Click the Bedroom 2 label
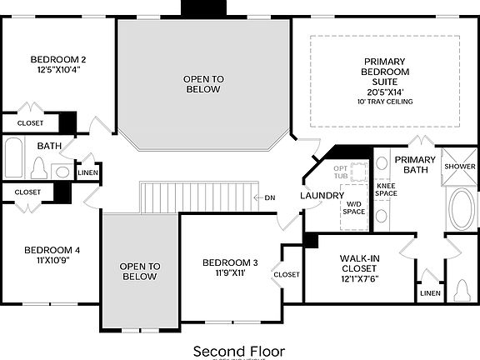coord(58,59)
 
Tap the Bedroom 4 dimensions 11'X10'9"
coord(52,261)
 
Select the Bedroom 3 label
coord(230,262)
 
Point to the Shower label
coord(458,166)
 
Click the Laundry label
coord(322,196)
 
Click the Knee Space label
coord(387,189)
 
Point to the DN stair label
coord(269,197)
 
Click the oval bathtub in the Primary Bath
coord(460,207)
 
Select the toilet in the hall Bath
coord(37,169)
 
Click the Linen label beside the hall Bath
coord(87,173)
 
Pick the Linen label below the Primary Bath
coord(430,293)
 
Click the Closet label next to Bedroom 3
coord(287,274)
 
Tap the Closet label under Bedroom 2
coord(28,123)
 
